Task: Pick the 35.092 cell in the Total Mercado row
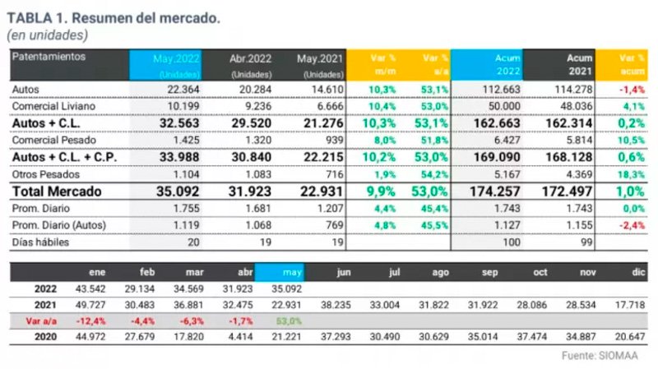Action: click(175, 191)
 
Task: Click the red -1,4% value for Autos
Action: click(633, 89)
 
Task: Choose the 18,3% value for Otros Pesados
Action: click(633, 173)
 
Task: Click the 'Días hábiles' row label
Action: click(41, 242)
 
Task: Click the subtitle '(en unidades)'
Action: click(48, 35)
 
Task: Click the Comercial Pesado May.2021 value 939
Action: click(322, 140)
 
